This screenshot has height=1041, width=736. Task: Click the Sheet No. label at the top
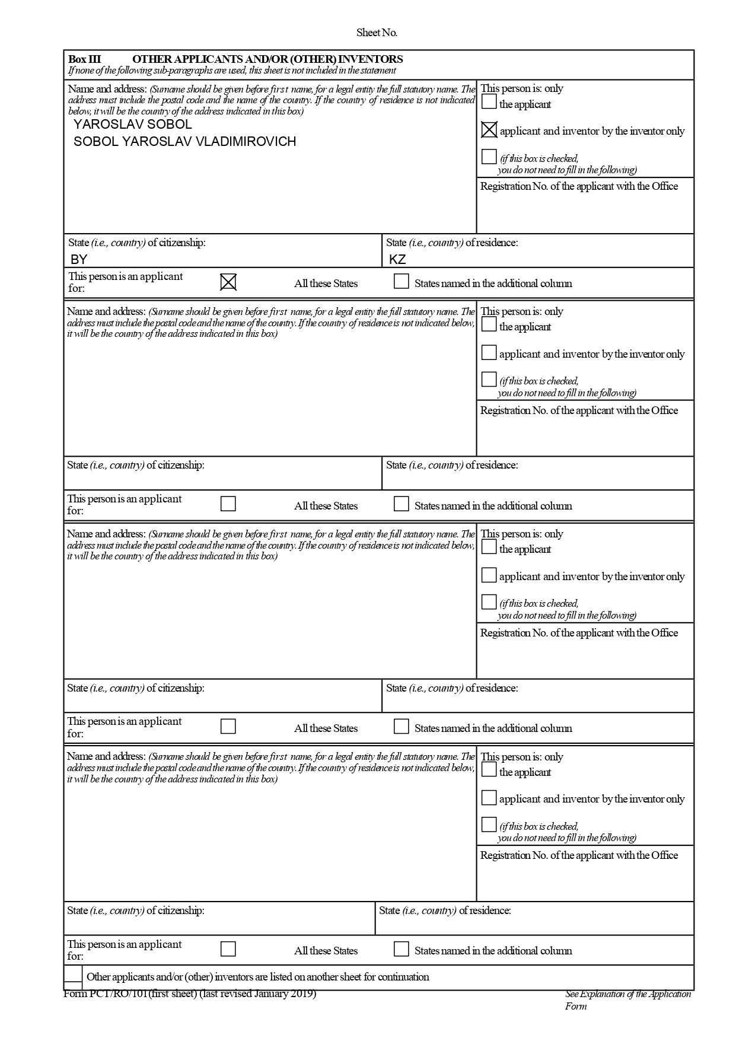(x=377, y=33)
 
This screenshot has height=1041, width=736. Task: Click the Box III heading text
(x=84, y=59)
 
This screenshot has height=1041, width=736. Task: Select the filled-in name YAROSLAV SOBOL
(x=132, y=125)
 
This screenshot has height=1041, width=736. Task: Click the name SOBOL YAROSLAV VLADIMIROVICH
(x=184, y=142)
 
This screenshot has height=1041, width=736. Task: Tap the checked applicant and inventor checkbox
(x=489, y=130)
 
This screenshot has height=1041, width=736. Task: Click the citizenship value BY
(x=79, y=260)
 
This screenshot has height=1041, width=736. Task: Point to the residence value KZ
(x=397, y=260)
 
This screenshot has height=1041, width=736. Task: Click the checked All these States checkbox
(x=228, y=282)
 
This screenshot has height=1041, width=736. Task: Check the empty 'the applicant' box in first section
(x=489, y=102)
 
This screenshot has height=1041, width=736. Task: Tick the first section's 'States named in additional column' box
(x=402, y=281)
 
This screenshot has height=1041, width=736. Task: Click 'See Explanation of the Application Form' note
(x=627, y=999)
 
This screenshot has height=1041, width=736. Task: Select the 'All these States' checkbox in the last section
(x=228, y=949)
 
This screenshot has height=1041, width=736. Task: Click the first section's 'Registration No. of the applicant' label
(x=579, y=186)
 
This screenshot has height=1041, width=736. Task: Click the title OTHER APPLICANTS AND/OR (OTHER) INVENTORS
(x=267, y=59)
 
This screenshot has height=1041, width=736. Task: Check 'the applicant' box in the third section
(x=489, y=547)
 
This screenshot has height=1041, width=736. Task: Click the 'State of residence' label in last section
(x=445, y=911)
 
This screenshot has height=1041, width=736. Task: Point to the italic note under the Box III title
(x=232, y=71)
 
